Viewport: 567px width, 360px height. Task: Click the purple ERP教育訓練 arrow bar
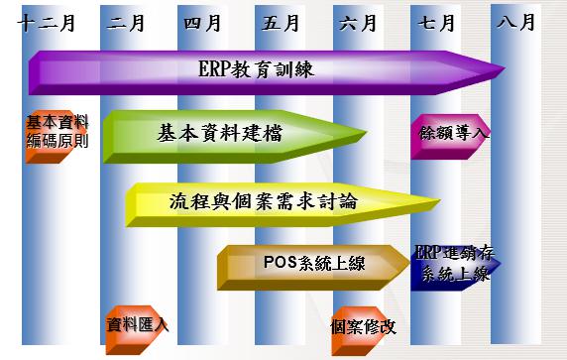click(258, 69)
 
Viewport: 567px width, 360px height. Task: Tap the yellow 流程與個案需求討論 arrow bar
click(263, 202)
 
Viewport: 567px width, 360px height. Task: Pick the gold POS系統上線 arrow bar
click(307, 264)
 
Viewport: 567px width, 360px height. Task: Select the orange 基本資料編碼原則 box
click(57, 133)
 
